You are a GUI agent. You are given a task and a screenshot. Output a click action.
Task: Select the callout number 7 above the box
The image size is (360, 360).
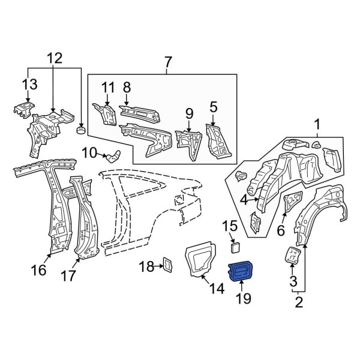[167, 61]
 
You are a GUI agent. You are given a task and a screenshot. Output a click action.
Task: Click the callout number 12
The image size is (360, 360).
[55, 58]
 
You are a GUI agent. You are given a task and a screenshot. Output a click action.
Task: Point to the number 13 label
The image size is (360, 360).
[29, 83]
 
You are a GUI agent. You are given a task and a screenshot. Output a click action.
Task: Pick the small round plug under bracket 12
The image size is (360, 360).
[80, 128]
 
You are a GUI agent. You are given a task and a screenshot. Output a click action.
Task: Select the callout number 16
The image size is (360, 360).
[38, 271]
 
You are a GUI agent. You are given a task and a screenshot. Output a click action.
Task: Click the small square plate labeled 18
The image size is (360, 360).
[167, 264]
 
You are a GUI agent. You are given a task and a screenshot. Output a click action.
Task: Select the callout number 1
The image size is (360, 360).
[316, 125]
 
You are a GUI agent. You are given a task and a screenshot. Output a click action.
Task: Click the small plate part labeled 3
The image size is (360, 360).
[292, 254]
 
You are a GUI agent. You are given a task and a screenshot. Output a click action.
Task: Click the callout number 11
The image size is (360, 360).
[107, 88]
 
